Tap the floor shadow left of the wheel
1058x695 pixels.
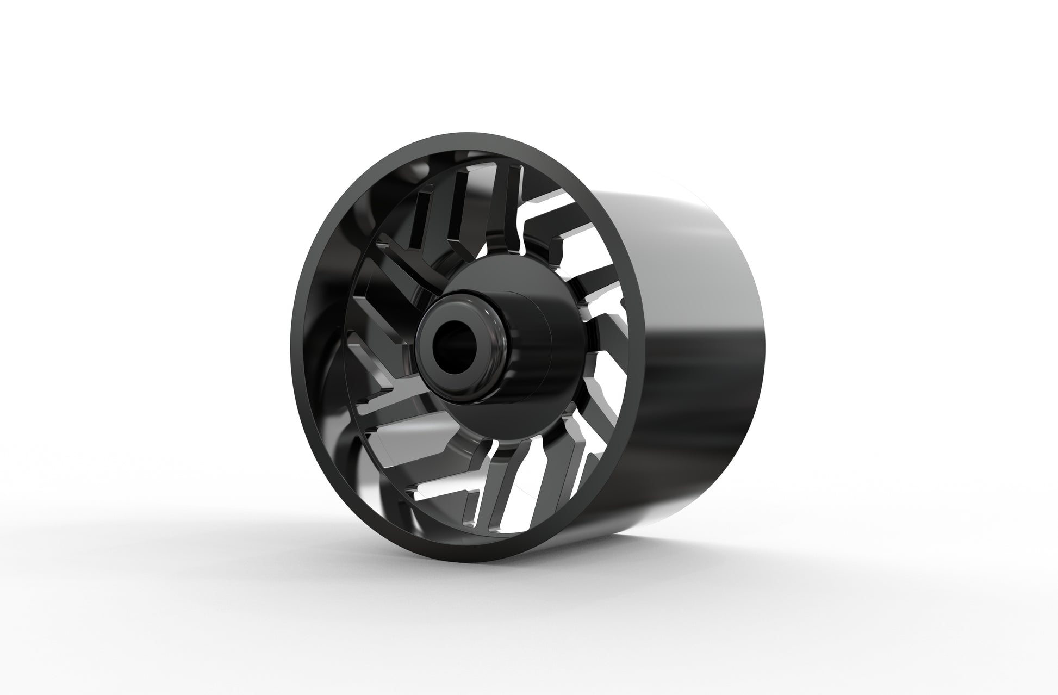pyautogui.click(x=217, y=544)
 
